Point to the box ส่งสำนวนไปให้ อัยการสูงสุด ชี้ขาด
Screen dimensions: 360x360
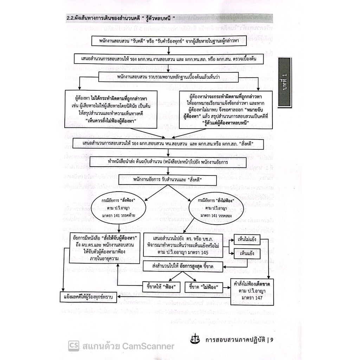click(183, 266)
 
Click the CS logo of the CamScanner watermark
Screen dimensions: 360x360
click(74, 346)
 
